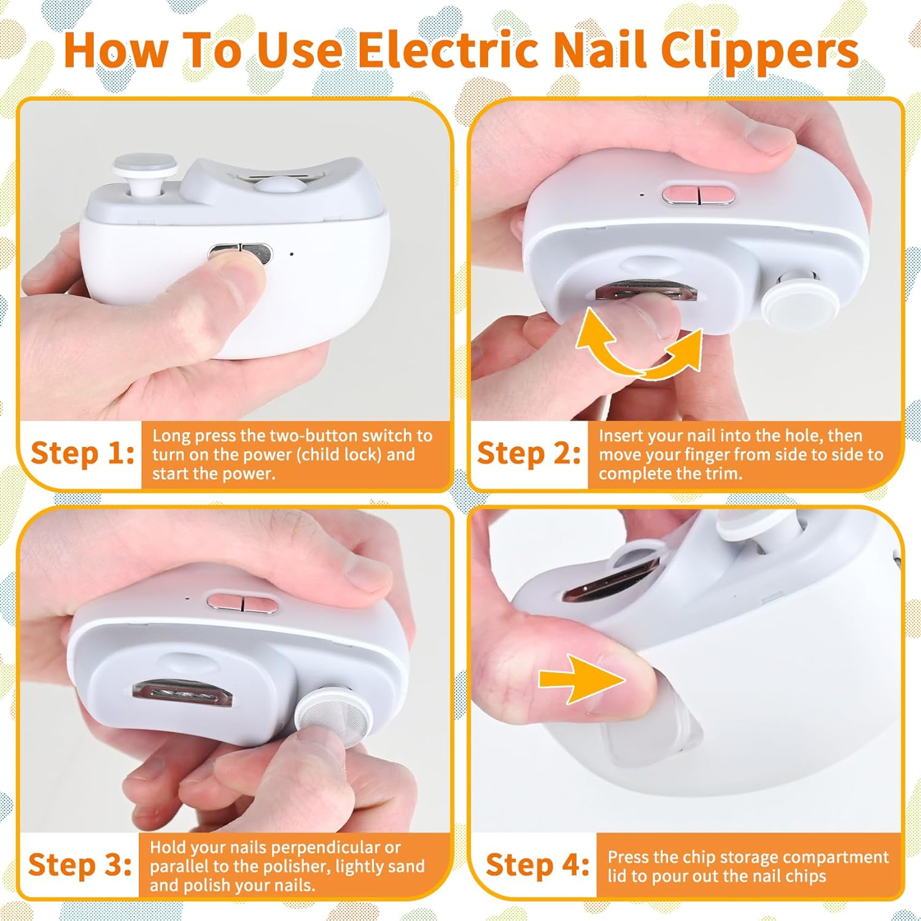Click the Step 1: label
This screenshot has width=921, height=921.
tap(82, 454)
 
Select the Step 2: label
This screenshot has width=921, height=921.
tap(529, 454)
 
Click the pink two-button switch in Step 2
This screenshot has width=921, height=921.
tap(699, 195)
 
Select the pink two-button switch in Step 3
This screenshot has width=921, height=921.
tap(243, 601)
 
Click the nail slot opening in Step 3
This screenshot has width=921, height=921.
tap(182, 694)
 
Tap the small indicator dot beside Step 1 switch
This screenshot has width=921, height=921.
tap(292, 254)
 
